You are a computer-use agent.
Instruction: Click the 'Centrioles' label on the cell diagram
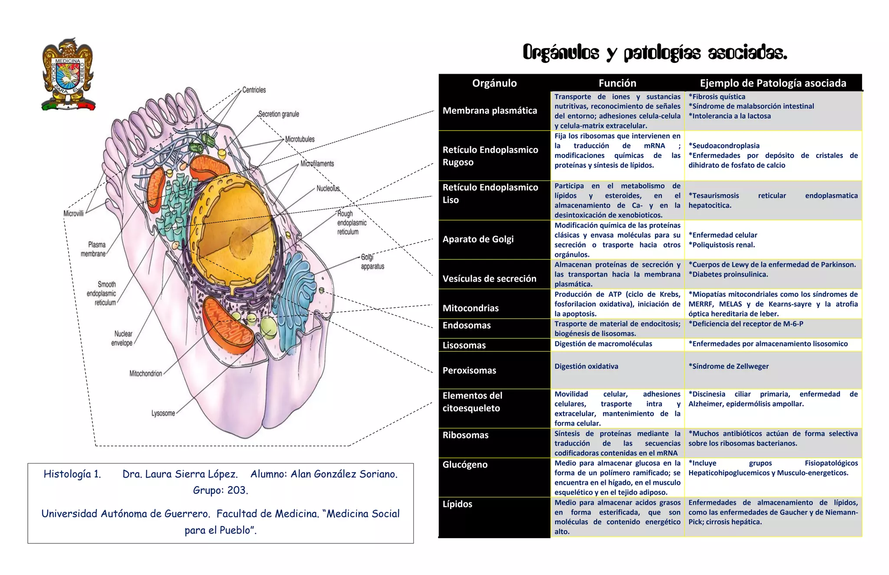coord(254,90)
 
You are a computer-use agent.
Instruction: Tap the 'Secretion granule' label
coord(279,114)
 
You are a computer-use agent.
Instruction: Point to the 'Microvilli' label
coord(73,214)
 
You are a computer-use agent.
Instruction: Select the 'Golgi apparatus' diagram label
coord(372,262)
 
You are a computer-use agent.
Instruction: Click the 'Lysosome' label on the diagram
coord(163,413)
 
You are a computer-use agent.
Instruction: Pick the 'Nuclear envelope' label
coord(122,338)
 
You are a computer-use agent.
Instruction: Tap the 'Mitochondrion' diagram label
coord(146,374)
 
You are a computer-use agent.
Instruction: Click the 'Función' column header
coord(617,83)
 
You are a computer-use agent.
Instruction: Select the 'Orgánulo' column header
coord(494,83)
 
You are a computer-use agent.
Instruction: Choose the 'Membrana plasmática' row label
coord(490,111)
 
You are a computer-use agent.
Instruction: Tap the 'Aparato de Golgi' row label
coord(478,239)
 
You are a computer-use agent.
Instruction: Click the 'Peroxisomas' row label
coord(469,370)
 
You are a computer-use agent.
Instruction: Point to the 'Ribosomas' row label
coord(465,435)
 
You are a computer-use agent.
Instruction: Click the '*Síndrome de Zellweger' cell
coord(728,366)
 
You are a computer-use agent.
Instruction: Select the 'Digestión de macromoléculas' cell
coord(603,344)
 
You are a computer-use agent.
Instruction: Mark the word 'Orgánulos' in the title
coord(561,53)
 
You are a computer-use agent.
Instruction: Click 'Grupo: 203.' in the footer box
coord(221,490)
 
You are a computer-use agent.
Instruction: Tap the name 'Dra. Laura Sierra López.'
coord(180,474)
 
